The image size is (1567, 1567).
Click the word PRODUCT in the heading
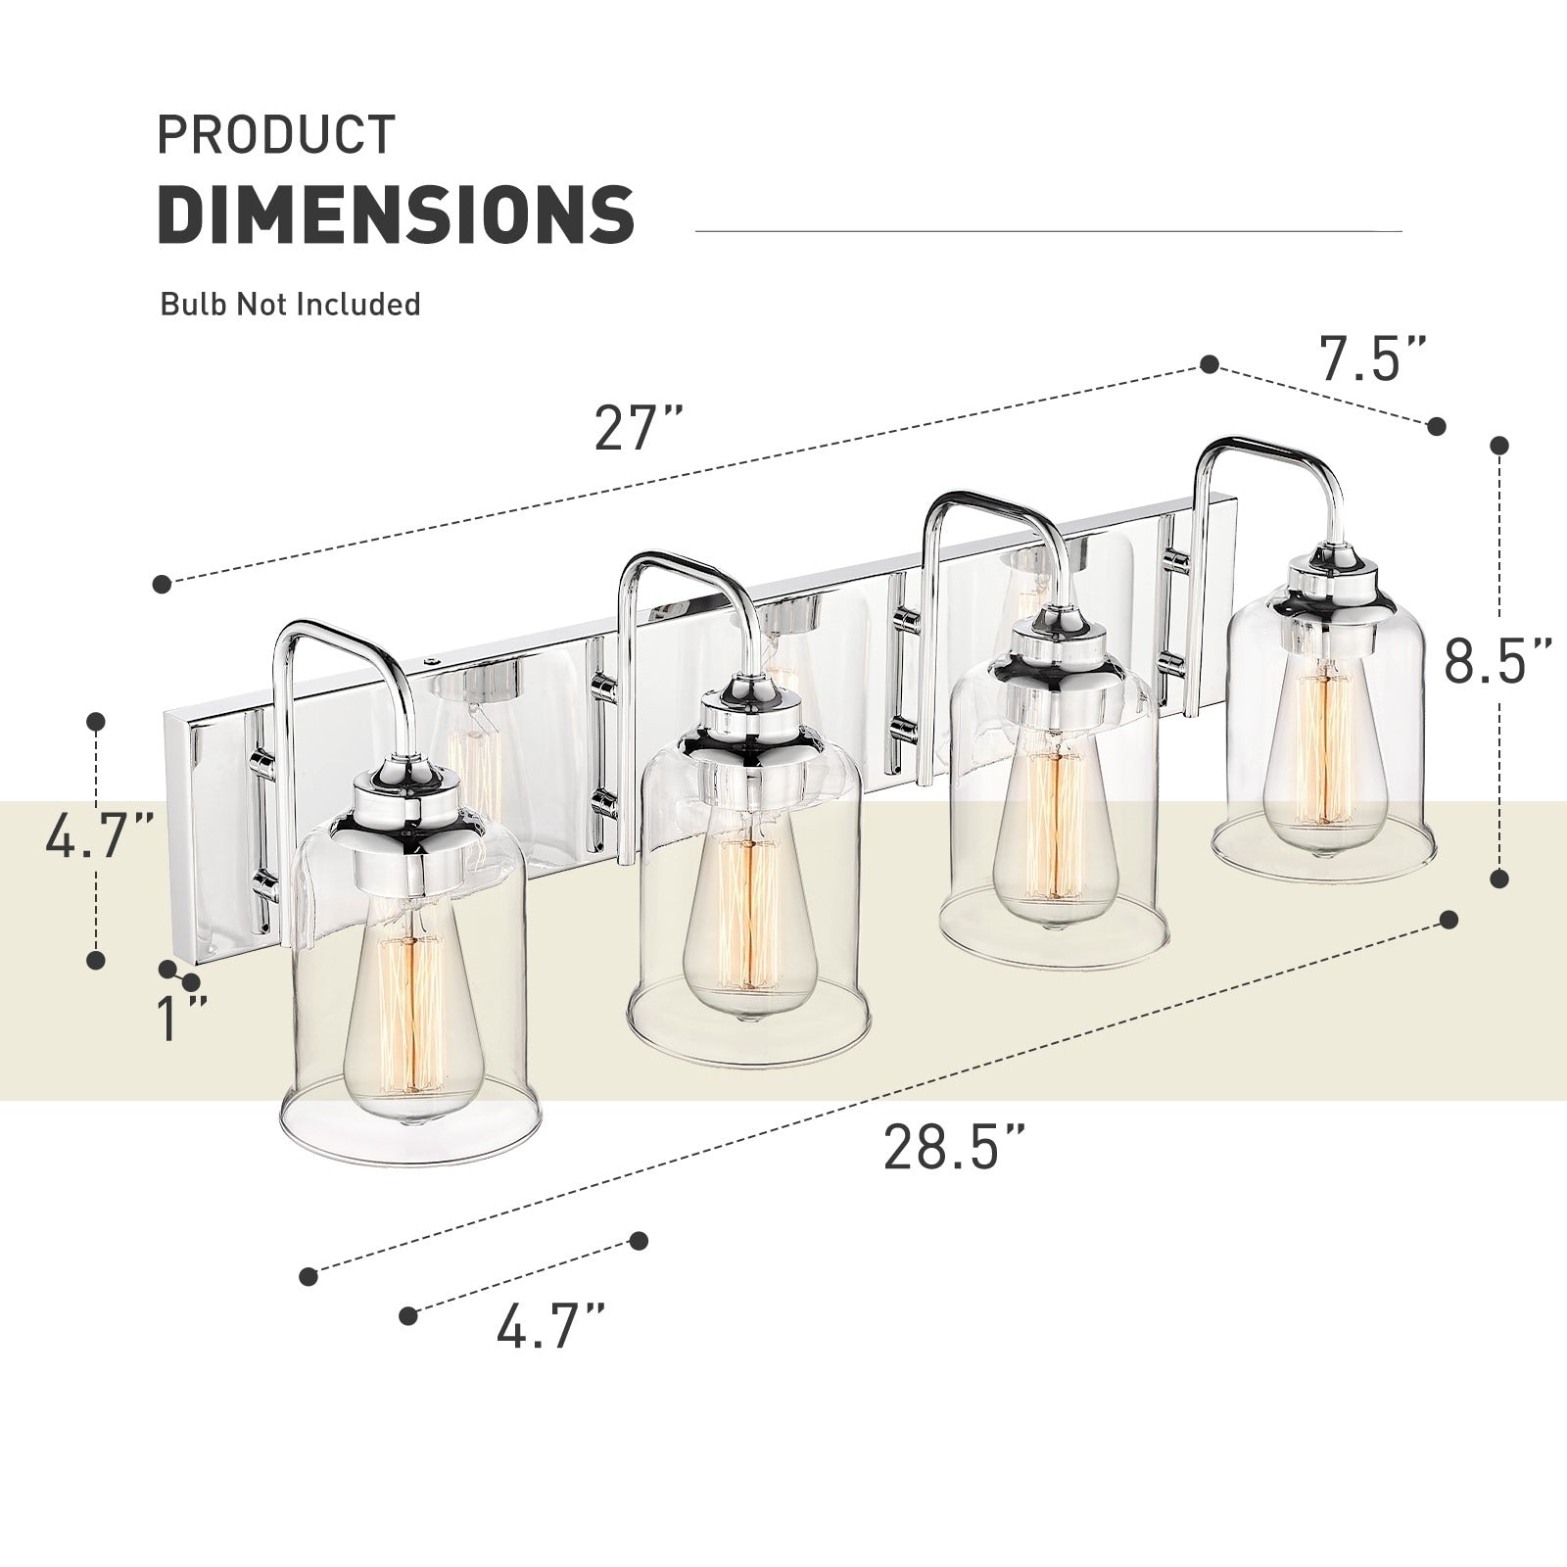[276, 135]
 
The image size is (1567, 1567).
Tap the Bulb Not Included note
[290, 304]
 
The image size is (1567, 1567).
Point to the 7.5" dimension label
[1373, 359]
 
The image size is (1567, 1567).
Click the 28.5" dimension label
[955, 1147]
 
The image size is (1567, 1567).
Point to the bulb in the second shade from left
[749, 916]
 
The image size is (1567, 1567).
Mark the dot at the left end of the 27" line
[163, 585]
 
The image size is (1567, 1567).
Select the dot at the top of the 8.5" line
[1498, 446]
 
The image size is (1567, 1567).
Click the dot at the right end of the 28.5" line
[1449, 921]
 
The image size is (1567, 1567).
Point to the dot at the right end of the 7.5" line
[1436, 425]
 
